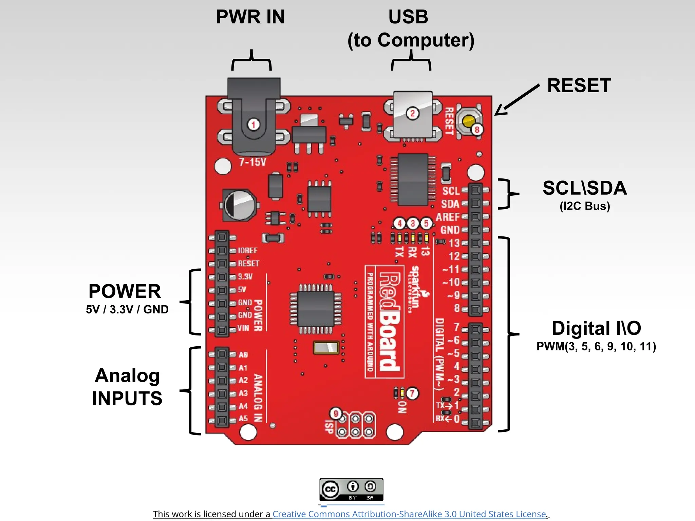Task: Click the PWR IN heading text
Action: tap(250, 17)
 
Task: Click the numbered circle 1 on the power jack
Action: tap(253, 124)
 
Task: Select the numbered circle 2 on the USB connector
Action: tap(412, 113)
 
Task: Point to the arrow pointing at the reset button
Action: tap(516, 100)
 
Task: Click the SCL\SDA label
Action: tap(584, 188)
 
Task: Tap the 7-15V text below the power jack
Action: tap(252, 162)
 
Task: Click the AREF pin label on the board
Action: tap(448, 217)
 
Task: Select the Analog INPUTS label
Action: tap(127, 387)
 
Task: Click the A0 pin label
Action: tap(243, 355)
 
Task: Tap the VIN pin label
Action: tap(243, 328)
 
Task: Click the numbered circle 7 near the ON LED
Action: tap(412, 393)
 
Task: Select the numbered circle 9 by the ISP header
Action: tap(336, 413)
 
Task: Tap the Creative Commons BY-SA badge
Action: tap(351, 489)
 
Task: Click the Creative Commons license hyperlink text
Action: tap(410, 514)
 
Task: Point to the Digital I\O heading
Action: tap(596, 328)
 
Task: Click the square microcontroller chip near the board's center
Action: tap(316, 309)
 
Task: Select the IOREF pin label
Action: tap(248, 251)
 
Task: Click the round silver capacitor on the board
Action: tap(239, 205)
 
